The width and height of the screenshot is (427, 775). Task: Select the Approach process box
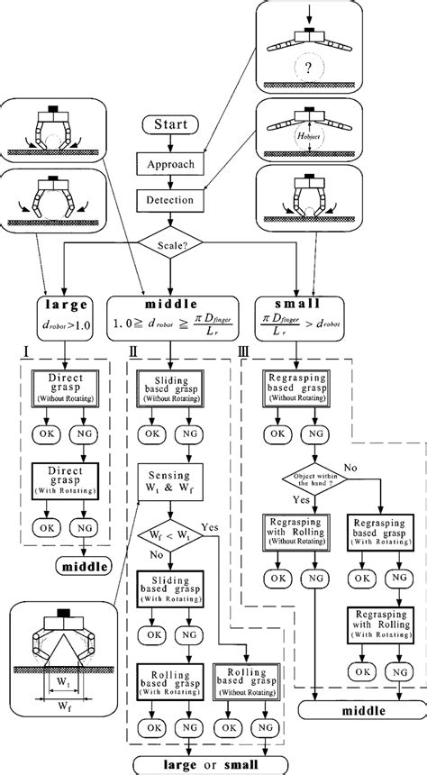pos(170,164)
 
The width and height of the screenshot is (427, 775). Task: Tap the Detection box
pos(170,198)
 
